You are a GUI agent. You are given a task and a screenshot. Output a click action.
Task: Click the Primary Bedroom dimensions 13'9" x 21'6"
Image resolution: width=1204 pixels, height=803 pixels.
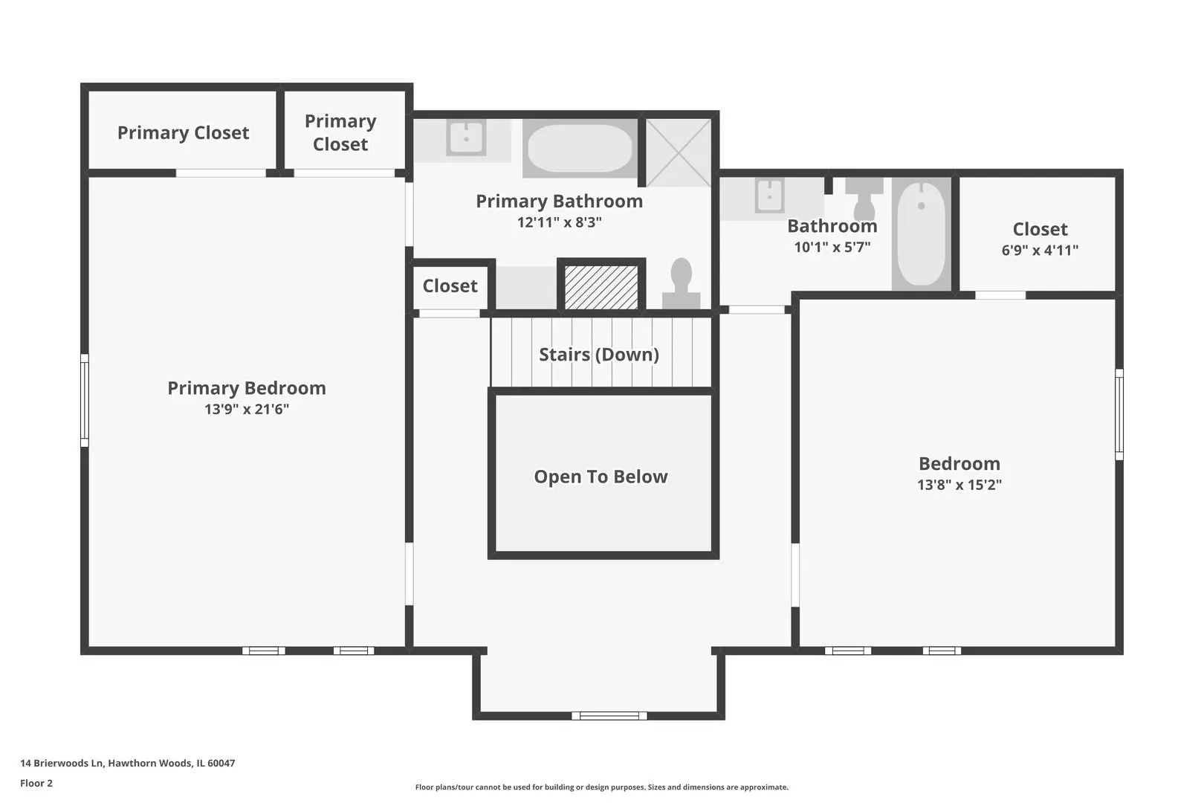click(247, 409)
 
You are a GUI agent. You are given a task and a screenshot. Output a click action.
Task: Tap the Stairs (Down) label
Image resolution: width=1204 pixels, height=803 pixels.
click(599, 355)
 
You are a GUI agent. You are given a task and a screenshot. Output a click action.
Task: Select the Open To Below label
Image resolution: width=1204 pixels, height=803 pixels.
click(601, 477)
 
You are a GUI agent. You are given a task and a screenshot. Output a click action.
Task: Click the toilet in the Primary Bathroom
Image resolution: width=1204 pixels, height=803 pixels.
click(681, 283)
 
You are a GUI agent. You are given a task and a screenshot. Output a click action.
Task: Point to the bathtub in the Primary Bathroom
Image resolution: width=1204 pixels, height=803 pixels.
click(580, 149)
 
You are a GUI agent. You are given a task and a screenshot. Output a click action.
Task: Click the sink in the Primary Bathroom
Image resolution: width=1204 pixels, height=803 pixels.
click(466, 138)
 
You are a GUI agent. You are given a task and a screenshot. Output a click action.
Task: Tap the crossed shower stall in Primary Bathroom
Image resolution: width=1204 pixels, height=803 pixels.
click(679, 152)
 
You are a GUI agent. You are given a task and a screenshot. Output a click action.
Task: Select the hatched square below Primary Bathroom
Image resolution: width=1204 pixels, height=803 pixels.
click(601, 287)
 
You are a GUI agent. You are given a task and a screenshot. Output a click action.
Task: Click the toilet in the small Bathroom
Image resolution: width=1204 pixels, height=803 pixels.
click(864, 199)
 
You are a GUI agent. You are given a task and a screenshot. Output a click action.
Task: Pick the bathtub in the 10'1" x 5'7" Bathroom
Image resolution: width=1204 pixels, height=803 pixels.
click(922, 234)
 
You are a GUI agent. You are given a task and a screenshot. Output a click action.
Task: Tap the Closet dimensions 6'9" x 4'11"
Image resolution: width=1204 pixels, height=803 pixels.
click(1040, 250)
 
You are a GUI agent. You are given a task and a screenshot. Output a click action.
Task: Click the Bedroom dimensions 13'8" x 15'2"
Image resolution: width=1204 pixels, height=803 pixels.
click(959, 485)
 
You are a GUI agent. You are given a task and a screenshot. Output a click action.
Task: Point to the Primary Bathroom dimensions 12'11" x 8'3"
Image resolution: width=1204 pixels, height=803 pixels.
click(560, 222)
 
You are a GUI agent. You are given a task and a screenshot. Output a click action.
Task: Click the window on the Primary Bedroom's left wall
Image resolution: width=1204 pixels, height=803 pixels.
click(85, 401)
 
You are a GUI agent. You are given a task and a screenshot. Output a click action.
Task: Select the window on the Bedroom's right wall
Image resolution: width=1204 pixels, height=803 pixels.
click(1119, 414)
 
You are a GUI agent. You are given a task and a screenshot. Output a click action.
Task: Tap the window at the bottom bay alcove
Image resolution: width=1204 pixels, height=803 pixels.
click(609, 715)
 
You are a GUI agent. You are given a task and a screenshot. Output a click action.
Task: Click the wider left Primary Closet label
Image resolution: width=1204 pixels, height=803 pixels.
click(184, 133)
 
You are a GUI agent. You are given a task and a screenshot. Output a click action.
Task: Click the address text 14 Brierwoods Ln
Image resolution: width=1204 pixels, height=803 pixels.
click(61, 763)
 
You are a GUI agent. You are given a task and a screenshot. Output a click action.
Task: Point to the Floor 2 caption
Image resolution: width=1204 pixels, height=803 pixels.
click(36, 783)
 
